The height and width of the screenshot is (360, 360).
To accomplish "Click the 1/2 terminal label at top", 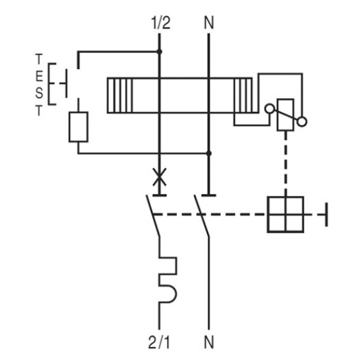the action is (161, 23).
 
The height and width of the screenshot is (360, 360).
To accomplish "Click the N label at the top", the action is (209, 23).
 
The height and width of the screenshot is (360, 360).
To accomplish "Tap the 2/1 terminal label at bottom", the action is (159, 342).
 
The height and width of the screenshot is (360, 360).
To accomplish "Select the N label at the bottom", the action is (209, 342).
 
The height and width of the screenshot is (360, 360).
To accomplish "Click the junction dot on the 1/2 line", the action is (159, 51).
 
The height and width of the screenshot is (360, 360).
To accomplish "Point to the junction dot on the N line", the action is (208, 153).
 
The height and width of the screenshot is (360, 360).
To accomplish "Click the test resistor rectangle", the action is (78, 127).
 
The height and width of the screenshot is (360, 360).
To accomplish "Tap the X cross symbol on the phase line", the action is (160, 177).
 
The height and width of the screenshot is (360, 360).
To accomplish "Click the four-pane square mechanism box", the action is (285, 215).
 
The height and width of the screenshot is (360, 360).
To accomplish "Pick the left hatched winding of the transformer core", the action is (120, 95).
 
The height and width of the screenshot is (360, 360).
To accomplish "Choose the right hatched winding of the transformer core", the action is (243, 95).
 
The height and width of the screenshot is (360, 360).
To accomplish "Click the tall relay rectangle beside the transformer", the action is (285, 115).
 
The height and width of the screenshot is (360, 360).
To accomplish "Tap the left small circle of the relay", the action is (269, 108).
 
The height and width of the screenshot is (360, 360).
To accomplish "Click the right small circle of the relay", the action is (302, 121).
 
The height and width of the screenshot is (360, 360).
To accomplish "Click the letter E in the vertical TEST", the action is (39, 76).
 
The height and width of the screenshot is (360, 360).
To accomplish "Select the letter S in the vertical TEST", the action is (39, 93).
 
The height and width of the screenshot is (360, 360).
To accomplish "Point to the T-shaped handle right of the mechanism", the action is (326, 215).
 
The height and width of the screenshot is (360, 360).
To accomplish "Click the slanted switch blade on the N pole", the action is (202, 215).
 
